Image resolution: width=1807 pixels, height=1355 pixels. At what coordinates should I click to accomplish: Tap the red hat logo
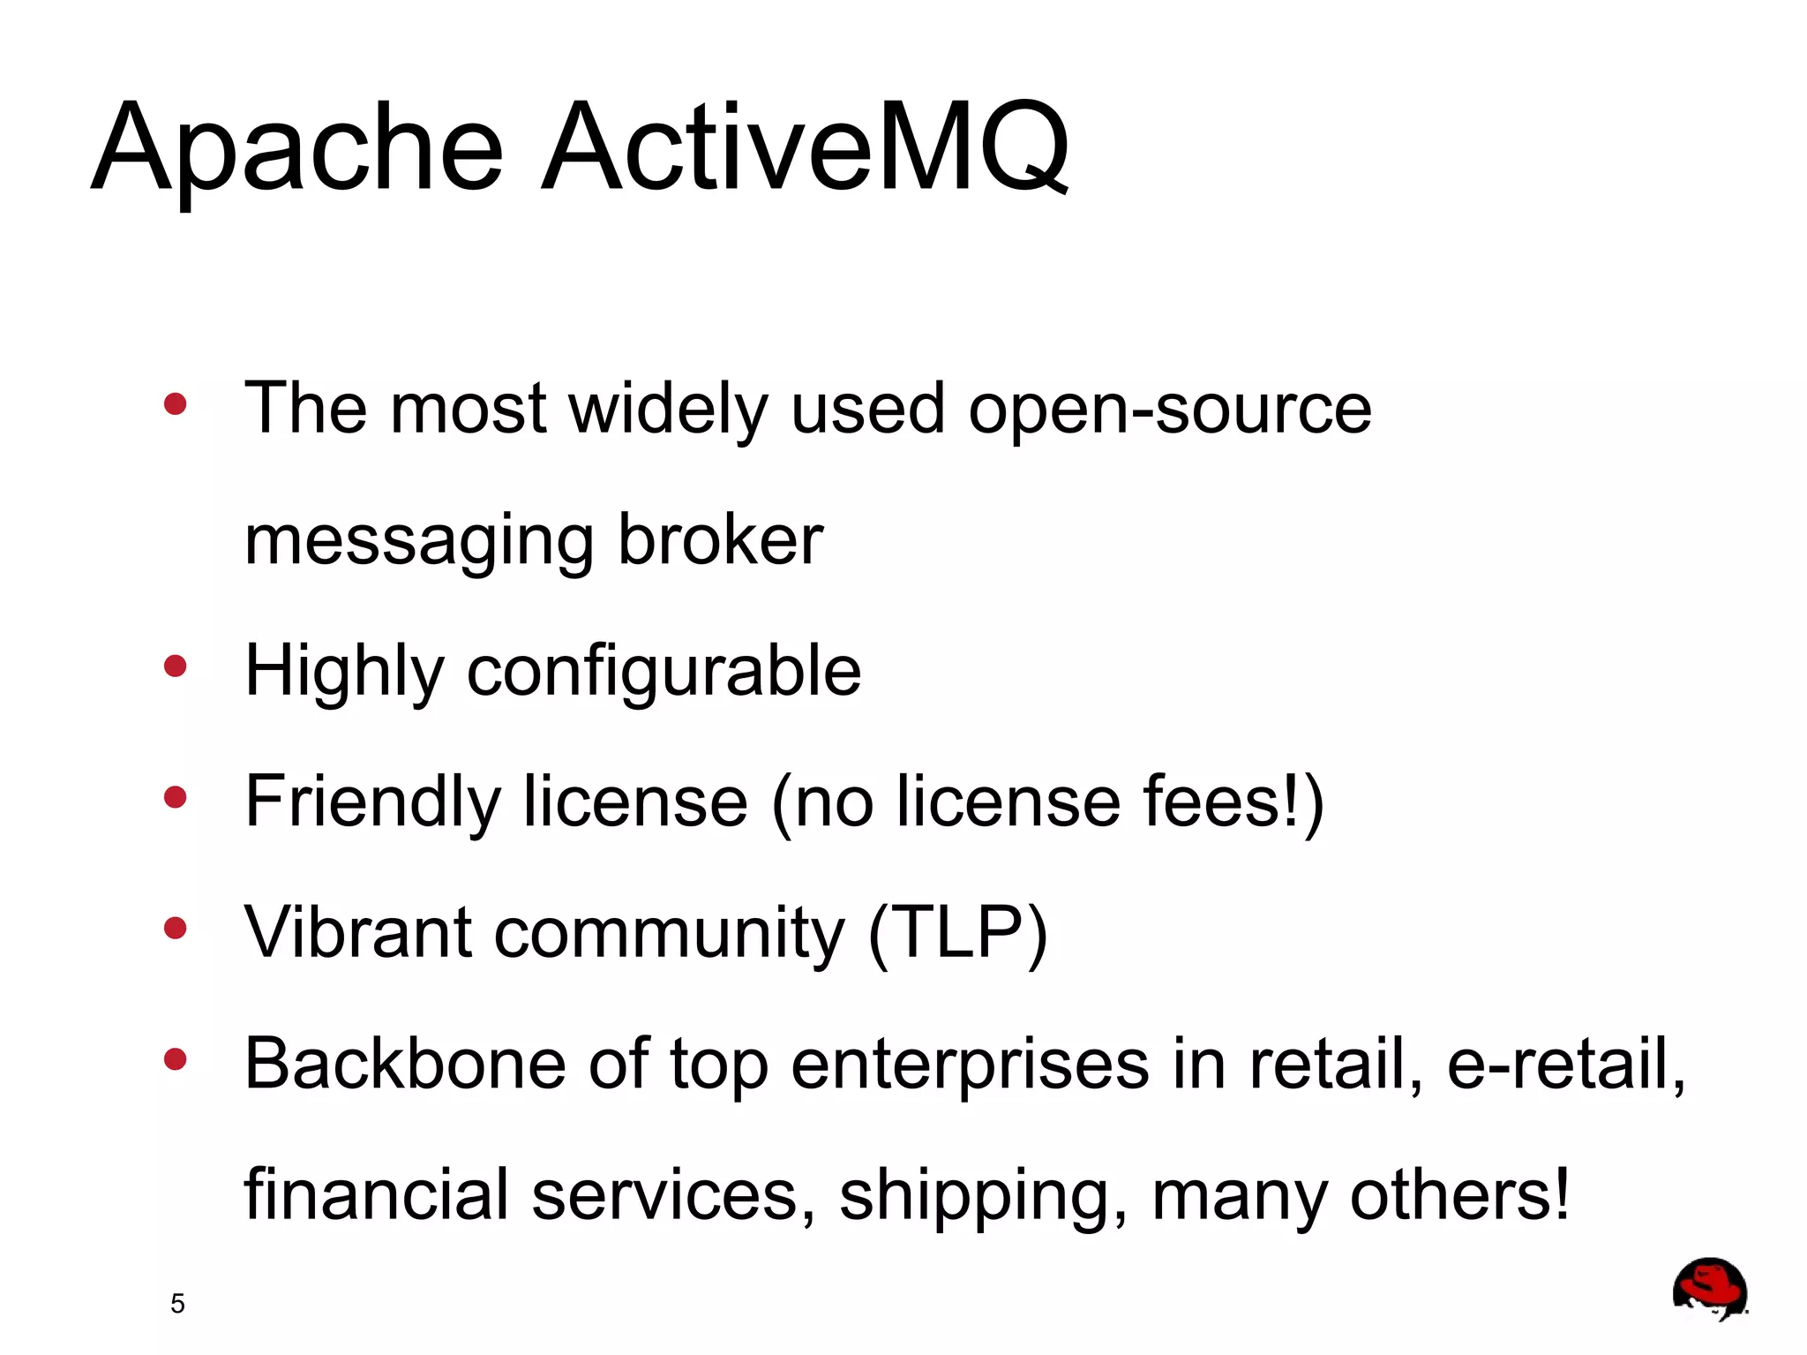(1709, 1289)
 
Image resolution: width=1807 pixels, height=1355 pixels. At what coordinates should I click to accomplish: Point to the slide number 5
(177, 1304)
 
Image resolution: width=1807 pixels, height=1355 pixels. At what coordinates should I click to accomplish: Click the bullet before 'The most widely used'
(176, 404)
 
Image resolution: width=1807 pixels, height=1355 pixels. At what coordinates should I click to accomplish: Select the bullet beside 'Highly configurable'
(176, 666)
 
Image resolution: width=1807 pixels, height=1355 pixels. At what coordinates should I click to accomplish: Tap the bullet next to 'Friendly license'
(176, 797)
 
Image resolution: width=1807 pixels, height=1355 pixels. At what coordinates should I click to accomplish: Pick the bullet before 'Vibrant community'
(176, 928)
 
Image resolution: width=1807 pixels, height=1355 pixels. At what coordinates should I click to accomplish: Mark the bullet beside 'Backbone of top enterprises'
(176, 1058)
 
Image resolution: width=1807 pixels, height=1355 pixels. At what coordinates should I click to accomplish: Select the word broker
(720, 539)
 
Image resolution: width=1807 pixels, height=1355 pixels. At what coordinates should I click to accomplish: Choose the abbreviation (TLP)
(958, 933)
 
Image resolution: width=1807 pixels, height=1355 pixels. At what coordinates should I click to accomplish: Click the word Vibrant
(358, 933)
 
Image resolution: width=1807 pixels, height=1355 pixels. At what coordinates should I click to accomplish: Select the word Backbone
(405, 1064)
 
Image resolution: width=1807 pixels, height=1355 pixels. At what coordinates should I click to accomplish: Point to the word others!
(1460, 1194)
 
